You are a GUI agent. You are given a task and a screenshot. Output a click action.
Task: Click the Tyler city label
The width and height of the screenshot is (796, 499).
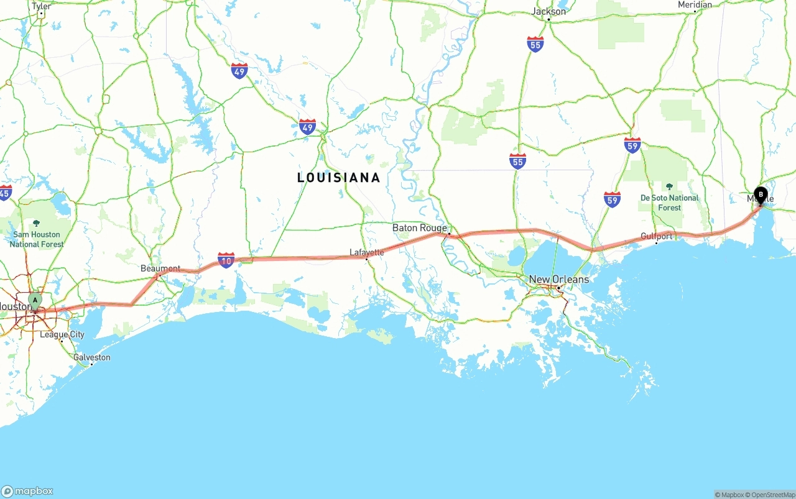click(x=41, y=6)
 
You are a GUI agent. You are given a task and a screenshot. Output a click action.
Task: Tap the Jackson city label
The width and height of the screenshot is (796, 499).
click(x=548, y=11)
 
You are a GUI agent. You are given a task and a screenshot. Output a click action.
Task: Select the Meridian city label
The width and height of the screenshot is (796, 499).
click(x=695, y=4)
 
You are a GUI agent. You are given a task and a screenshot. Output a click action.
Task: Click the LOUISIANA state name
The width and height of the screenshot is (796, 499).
click(x=338, y=178)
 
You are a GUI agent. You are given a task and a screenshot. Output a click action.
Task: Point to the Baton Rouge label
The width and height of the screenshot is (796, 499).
click(x=419, y=228)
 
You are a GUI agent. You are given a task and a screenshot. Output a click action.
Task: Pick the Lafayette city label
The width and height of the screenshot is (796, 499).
click(x=366, y=252)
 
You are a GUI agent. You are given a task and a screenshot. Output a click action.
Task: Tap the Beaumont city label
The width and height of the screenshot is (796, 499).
click(x=160, y=268)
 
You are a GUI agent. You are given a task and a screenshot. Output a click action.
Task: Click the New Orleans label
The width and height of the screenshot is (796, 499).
click(x=558, y=279)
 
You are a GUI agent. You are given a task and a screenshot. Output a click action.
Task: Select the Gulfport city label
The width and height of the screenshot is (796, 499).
click(x=657, y=236)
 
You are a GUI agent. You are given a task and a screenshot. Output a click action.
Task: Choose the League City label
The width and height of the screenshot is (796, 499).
click(x=62, y=334)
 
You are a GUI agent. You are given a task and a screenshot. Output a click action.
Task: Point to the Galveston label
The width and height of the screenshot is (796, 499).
click(x=92, y=357)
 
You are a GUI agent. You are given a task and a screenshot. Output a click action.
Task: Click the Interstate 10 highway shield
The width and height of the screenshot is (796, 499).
click(x=226, y=260)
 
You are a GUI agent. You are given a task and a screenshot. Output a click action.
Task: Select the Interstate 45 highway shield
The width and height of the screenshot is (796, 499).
click(x=5, y=193)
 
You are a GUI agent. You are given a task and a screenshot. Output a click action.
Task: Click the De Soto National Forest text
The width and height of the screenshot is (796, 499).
click(x=669, y=203)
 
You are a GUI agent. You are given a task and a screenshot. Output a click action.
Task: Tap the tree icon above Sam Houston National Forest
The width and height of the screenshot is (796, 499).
click(x=36, y=223)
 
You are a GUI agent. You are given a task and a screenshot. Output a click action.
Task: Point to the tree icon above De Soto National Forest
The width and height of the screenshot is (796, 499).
click(x=669, y=186)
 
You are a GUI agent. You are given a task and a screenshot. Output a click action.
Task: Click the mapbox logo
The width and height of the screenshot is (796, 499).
click(x=27, y=491)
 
